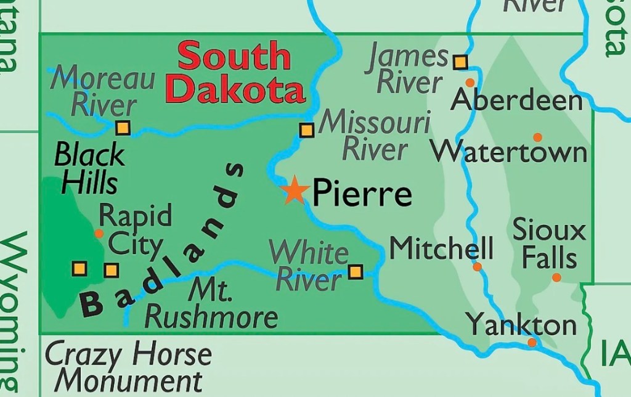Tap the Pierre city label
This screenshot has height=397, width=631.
(x=362, y=193)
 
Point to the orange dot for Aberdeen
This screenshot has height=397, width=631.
(x=470, y=82)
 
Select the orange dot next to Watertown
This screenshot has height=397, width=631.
(x=537, y=137)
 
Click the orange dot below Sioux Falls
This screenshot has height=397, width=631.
(x=556, y=277)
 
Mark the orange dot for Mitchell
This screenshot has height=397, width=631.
(x=477, y=267)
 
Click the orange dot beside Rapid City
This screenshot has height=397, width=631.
(x=99, y=234)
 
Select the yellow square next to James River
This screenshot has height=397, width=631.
(x=460, y=62)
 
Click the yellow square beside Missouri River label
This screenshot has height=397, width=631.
(x=306, y=130)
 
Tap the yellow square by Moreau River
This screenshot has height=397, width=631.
(x=123, y=128)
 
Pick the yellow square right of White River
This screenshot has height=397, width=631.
(x=356, y=271)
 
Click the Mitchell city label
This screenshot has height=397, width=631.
(x=442, y=248)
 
